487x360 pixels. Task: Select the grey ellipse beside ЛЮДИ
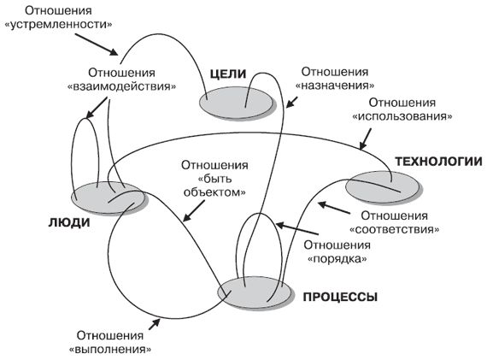click(x=104, y=198)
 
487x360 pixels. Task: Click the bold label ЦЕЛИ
click(x=230, y=75)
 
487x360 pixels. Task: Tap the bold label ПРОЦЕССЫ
click(x=339, y=298)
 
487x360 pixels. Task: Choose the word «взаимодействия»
click(x=132, y=86)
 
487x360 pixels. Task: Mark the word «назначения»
click(x=337, y=86)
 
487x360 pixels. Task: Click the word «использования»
click(x=402, y=115)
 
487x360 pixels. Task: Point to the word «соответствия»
click(x=395, y=229)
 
